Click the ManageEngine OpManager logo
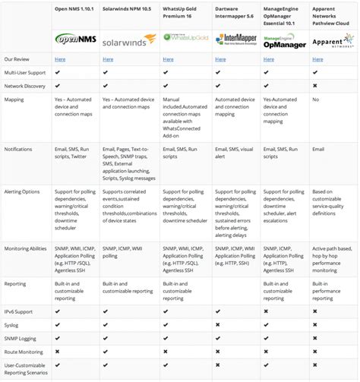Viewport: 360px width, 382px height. [x=283, y=38]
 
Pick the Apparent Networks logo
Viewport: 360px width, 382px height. [x=332, y=38]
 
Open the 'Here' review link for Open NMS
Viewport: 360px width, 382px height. [x=59, y=58]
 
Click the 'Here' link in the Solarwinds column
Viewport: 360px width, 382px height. [x=108, y=58]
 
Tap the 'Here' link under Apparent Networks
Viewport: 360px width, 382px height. [x=318, y=58]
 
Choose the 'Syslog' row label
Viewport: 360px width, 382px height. [x=12, y=325]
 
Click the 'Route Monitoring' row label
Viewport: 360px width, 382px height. [x=23, y=352]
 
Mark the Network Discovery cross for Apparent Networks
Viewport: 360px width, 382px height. [x=315, y=87]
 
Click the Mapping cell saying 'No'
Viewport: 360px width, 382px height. [x=316, y=99]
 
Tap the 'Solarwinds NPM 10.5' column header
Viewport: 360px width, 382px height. [x=128, y=8]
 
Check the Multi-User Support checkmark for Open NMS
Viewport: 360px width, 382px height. [x=58, y=73]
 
